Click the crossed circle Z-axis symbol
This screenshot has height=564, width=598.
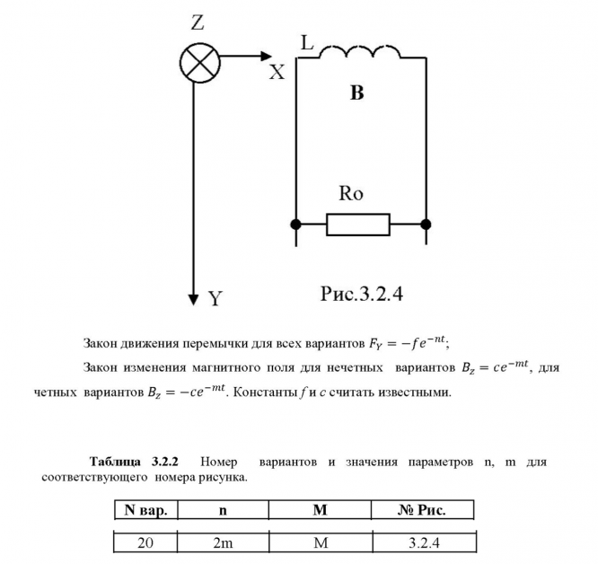[195, 61]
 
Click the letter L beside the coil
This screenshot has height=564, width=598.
[307, 42]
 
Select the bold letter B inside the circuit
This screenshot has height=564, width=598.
[356, 93]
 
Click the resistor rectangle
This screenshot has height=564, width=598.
[357, 224]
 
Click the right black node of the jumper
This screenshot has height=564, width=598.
[426, 223]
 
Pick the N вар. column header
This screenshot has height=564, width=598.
[145, 509]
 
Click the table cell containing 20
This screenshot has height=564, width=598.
[145, 542]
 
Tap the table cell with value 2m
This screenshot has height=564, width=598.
[222, 542]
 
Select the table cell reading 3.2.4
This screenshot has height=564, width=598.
[422, 542]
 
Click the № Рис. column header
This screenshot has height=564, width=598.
[422, 509]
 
